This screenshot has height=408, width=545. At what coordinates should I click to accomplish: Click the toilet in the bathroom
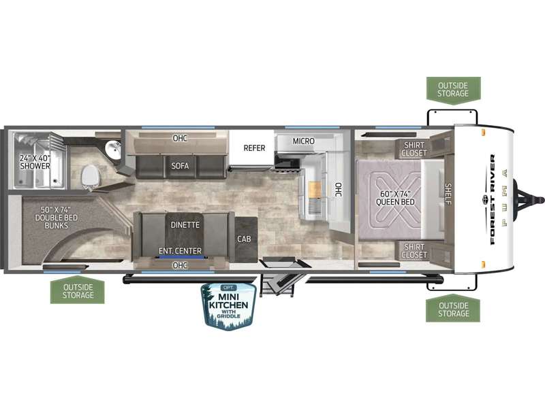click(x=90, y=177)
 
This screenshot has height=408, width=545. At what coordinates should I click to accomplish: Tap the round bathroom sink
click(x=112, y=150)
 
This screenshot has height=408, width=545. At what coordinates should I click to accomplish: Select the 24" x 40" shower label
click(x=35, y=162)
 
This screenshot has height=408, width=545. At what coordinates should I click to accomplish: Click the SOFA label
click(x=180, y=166)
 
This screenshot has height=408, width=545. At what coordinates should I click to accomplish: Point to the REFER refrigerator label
click(x=254, y=148)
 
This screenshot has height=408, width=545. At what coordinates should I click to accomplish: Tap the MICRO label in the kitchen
click(x=303, y=141)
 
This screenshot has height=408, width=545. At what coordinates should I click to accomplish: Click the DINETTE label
click(x=185, y=225)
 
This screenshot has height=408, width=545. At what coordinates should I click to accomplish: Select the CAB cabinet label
click(x=244, y=239)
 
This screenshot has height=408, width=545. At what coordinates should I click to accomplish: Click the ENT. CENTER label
click(x=180, y=251)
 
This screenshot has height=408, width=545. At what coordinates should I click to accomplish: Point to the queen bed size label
click(x=396, y=198)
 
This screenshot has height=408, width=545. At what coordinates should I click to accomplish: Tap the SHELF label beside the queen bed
click(x=448, y=194)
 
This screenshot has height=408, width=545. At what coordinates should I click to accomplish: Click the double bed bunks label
click(x=57, y=218)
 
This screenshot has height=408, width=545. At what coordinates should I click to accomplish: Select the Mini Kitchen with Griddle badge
click(x=229, y=305)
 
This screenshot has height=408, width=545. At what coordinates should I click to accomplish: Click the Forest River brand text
click(x=493, y=200)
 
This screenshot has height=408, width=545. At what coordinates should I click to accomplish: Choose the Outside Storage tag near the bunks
click(x=78, y=290)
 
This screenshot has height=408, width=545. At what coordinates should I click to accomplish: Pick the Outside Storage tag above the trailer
click(x=453, y=90)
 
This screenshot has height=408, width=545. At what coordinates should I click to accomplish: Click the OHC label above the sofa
click(x=180, y=138)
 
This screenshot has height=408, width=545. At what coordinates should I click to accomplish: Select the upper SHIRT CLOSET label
click(x=414, y=149)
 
